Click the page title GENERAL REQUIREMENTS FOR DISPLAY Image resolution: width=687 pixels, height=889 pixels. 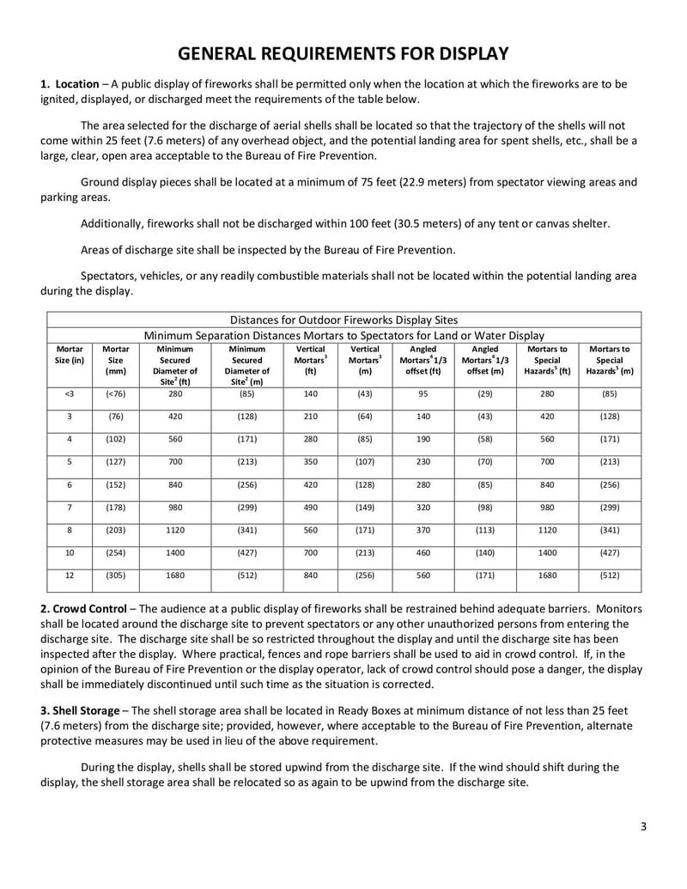tap(343, 54)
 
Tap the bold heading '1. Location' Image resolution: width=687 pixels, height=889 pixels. tap(70, 84)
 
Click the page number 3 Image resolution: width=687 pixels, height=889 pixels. tap(643, 827)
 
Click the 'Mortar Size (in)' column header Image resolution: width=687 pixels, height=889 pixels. tap(69, 356)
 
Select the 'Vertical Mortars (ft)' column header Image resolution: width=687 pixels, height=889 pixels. tap(311, 360)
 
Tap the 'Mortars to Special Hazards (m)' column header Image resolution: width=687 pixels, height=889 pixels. tap(610, 360)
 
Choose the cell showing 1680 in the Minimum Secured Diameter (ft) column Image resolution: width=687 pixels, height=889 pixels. tap(175, 575)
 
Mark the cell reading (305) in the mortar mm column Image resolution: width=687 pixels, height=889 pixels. tap(115, 575)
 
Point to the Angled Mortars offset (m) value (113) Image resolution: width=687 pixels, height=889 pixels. tap(485, 530)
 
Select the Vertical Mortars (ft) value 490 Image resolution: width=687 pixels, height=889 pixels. tap(311, 508)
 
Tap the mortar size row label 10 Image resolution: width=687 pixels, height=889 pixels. tap(69, 552)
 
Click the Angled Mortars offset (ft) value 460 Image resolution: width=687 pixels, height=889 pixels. tap(423, 552)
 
